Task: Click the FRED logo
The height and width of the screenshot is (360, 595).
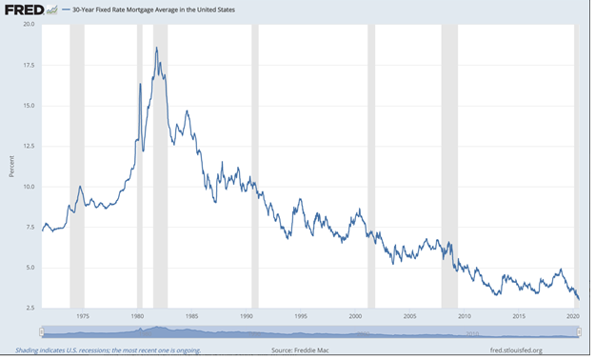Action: click(24, 10)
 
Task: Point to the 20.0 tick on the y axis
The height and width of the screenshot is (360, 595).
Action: click(29, 24)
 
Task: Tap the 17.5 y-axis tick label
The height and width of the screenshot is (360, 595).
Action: click(29, 65)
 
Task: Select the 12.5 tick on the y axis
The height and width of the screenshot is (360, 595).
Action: click(29, 146)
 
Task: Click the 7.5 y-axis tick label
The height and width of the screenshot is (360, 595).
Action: click(29, 228)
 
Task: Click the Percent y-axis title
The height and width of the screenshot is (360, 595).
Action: click(11, 167)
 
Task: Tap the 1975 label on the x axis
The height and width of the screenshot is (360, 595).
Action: click(83, 316)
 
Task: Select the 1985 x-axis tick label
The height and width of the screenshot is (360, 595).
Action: click(191, 316)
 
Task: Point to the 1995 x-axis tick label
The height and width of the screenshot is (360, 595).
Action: click(301, 316)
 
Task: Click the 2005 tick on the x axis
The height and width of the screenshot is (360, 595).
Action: click(410, 316)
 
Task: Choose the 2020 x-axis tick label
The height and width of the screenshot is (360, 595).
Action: click(573, 316)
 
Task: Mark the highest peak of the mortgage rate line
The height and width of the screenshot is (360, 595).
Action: click(156, 48)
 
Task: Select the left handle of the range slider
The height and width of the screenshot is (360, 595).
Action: click(41, 332)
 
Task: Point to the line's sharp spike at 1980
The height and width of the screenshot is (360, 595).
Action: click(140, 84)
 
